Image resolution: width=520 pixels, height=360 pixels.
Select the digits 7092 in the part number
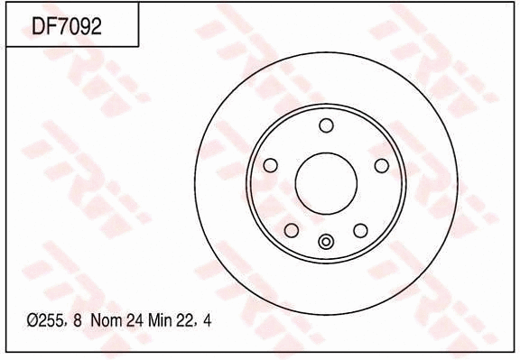click(x=79, y=27)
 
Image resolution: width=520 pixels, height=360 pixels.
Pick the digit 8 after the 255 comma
click(x=78, y=320)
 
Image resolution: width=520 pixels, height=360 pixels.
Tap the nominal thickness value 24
click(x=135, y=320)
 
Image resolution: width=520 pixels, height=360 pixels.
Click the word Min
click(x=161, y=320)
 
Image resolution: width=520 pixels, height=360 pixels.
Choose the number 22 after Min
click(x=186, y=320)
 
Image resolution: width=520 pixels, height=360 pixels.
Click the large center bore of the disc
click(x=326, y=182)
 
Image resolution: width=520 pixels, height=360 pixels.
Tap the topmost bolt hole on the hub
click(x=326, y=125)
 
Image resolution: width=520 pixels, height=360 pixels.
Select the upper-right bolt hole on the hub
click(x=381, y=165)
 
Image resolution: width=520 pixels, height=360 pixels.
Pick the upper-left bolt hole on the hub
click(x=270, y=165)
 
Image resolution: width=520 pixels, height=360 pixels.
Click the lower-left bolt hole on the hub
click(x=291, y=231)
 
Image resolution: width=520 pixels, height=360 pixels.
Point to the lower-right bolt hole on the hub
click(x=360, y=231)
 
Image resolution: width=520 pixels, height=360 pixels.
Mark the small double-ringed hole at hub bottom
click(x=326, y=241)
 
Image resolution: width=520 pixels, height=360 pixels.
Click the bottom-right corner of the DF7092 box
click(x=138, y=46)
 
